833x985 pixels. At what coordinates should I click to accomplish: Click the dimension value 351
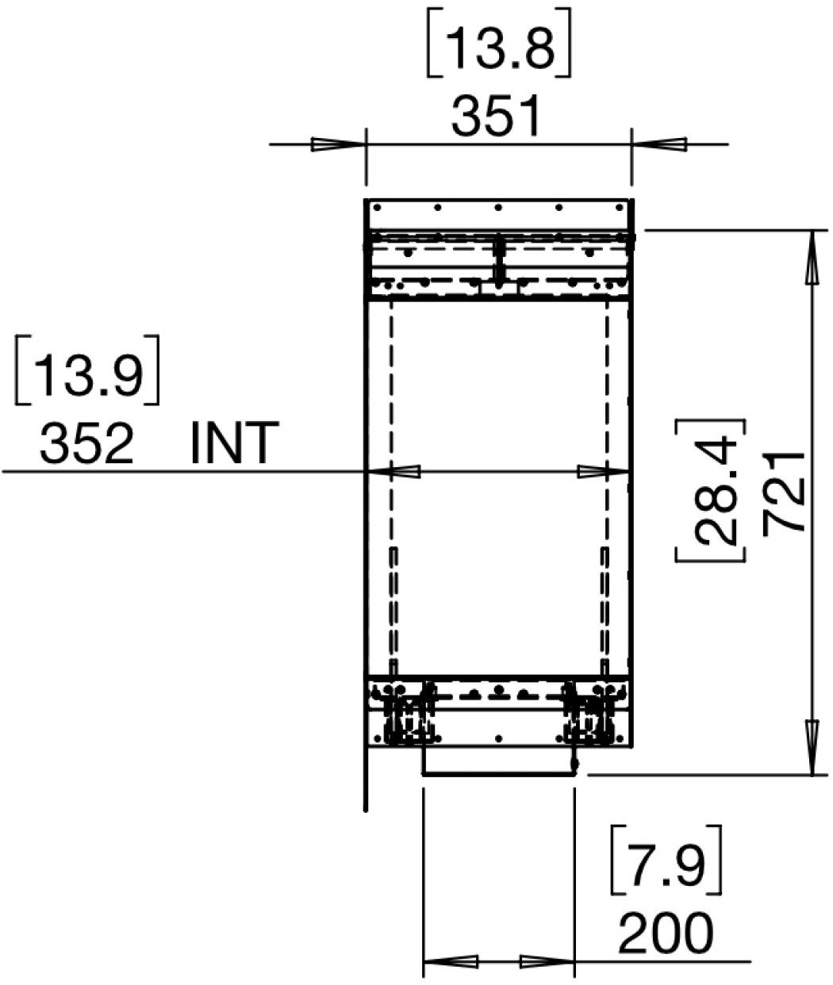497,116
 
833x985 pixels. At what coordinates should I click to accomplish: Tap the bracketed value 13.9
87,370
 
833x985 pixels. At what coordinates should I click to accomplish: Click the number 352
86,444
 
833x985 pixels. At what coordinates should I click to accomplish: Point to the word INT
234,443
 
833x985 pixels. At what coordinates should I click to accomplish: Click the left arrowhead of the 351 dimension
339,144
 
